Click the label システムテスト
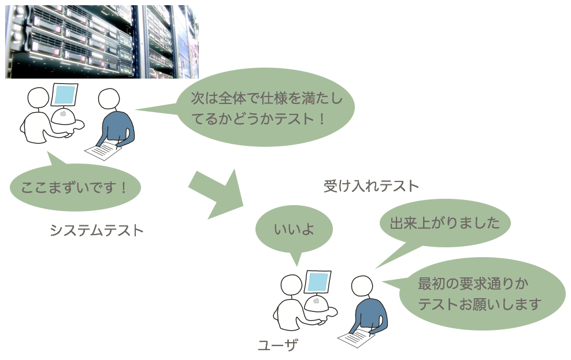pyautogui.click(x=97, y=231)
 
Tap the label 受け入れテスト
pyautogui.click(x=371, y=186)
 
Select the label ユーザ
pyautogui.click(x=278, y=345)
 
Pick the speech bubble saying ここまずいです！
pyautogui.click(x=75, y=187)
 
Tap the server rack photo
pyautogui.click(x=102, y=42)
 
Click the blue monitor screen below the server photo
pyautogui.click(x=65, y=95)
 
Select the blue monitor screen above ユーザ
pyautogui.click(x=318, y=282)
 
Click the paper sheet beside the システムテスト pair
pyautogui.click(x=103, y=150)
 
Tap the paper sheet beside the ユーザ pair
pyautogui.click(x=356, y=337)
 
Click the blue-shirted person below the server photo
pyautogui.click(x=116, y=120)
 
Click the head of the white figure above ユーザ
pyautogui.click(x=292, y=285)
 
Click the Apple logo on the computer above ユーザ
pyautogui.click(x=316, y=300)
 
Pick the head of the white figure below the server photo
pyautogui.click(x=39, y=98)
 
